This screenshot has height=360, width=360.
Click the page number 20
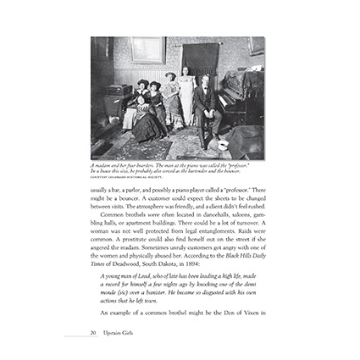tap(93, 333)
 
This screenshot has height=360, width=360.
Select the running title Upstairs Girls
tap(118, 333)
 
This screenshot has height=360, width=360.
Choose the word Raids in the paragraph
tap(245, 231)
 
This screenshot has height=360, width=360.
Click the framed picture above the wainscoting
tap(148, 50)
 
